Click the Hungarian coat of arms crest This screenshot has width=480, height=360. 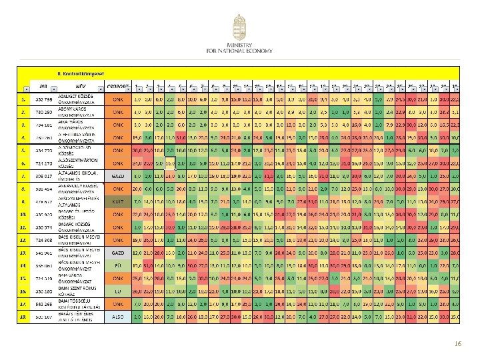[x=239, y=27]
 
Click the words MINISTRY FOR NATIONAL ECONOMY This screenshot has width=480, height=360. [x=239, y=48]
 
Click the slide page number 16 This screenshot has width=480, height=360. [x=457, y=342]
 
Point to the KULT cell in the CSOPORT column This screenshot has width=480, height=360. [x=117, y=200]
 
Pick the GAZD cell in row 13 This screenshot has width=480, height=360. [x=117, y=253]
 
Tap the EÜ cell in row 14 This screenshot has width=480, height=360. [x=117, y=265]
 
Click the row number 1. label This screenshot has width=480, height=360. [x=22, y=99]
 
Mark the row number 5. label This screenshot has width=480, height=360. [x=22, y=150]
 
